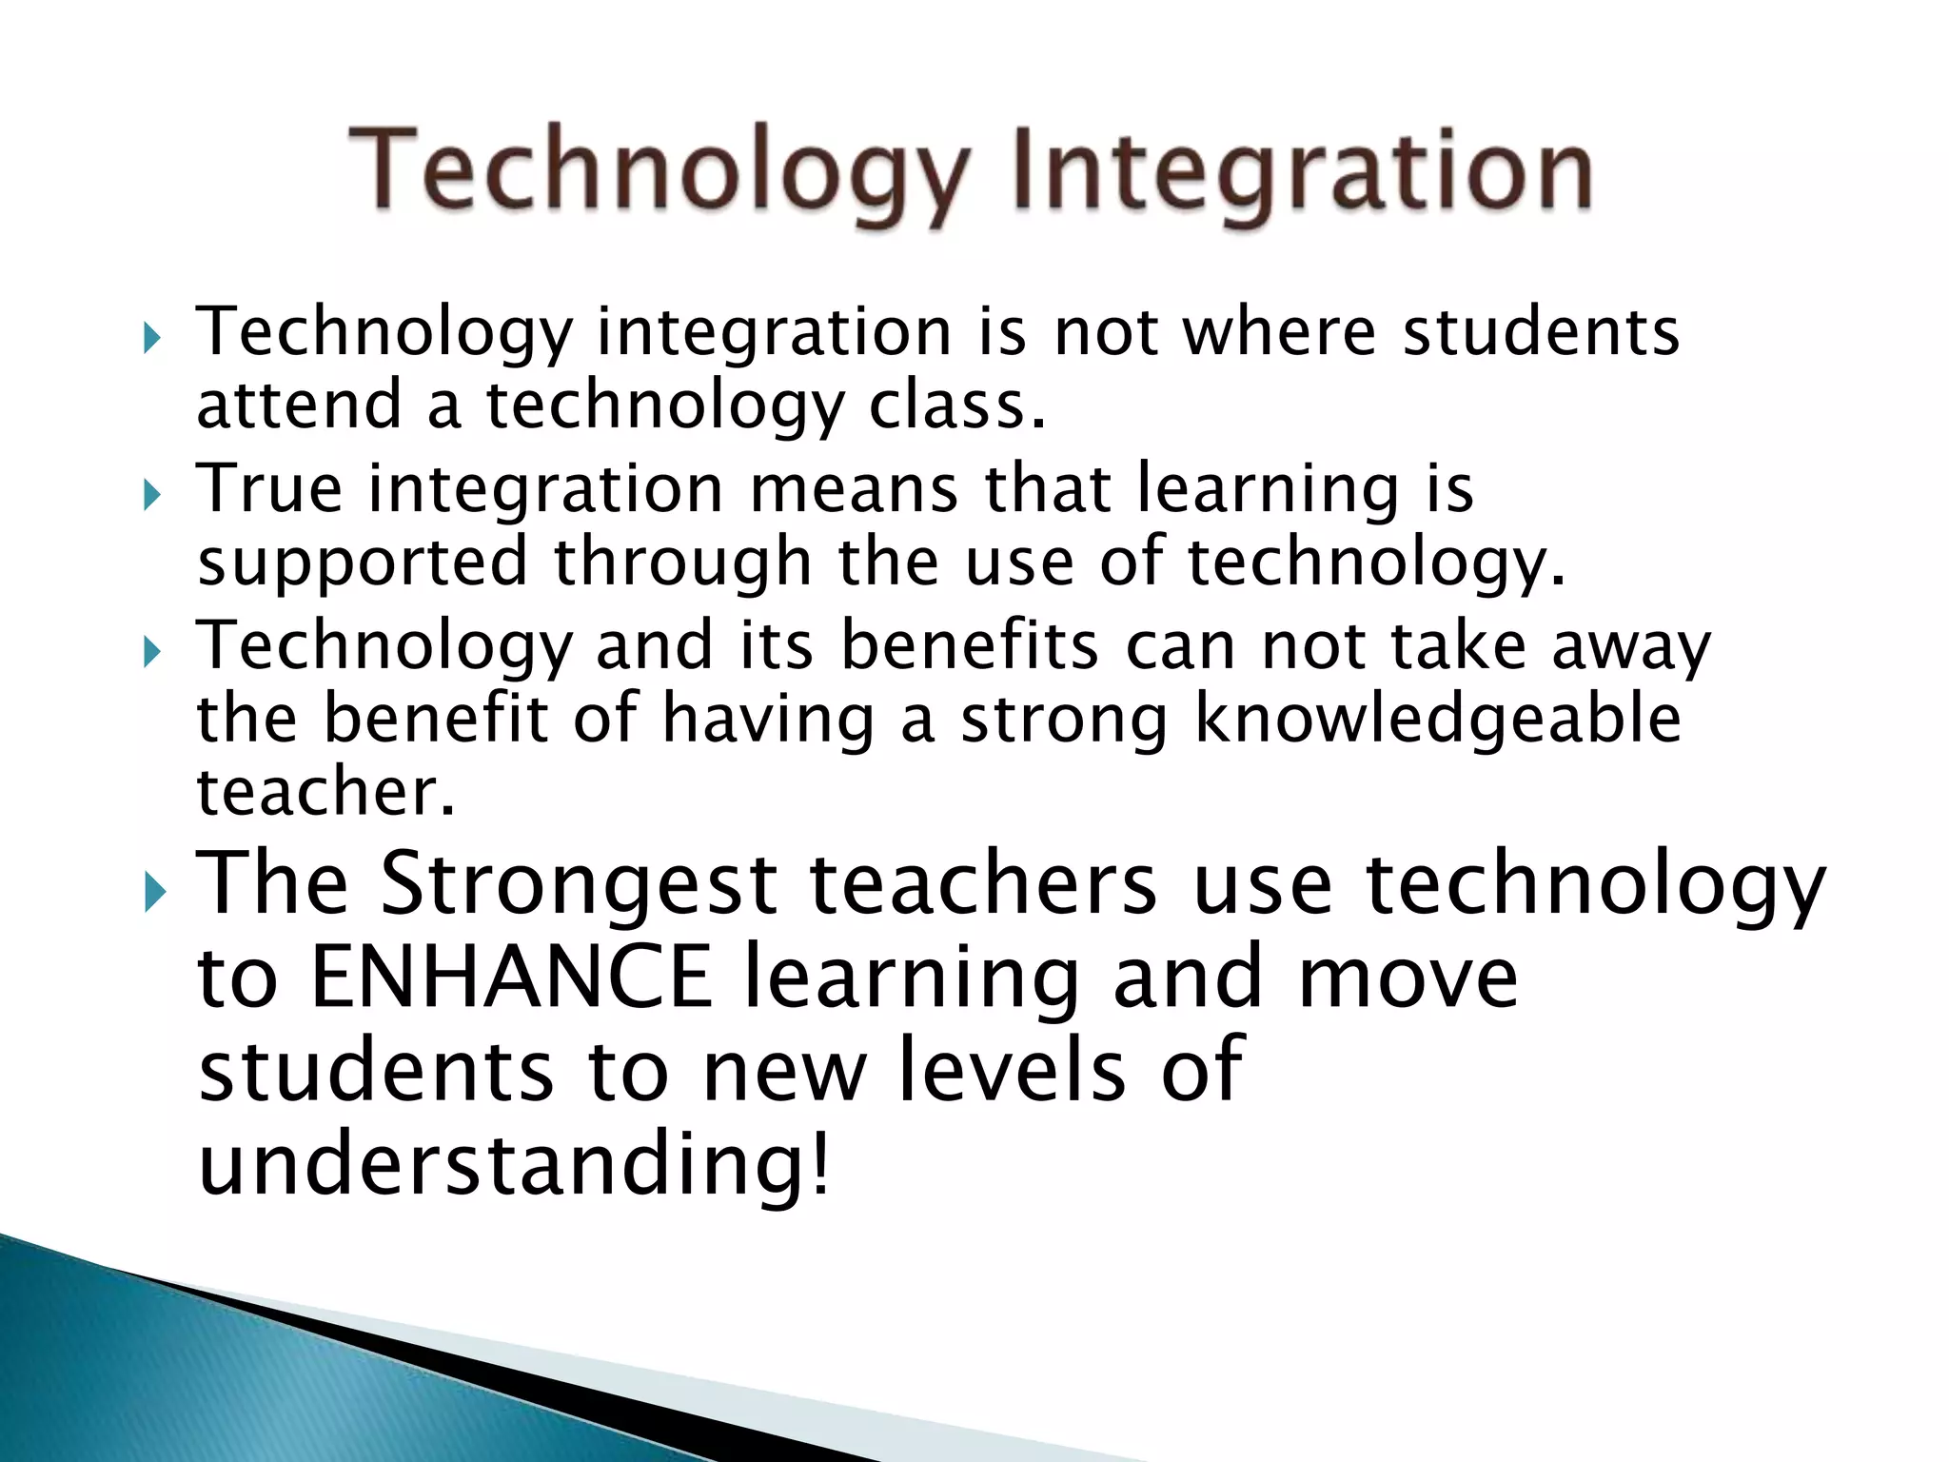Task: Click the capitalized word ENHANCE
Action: point(512,978)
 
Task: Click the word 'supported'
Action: point(363,562)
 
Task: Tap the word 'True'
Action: point(269,488)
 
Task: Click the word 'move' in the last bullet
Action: point(1408,978)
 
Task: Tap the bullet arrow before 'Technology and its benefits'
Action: point(152,652)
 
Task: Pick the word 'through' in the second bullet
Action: point(682,562)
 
